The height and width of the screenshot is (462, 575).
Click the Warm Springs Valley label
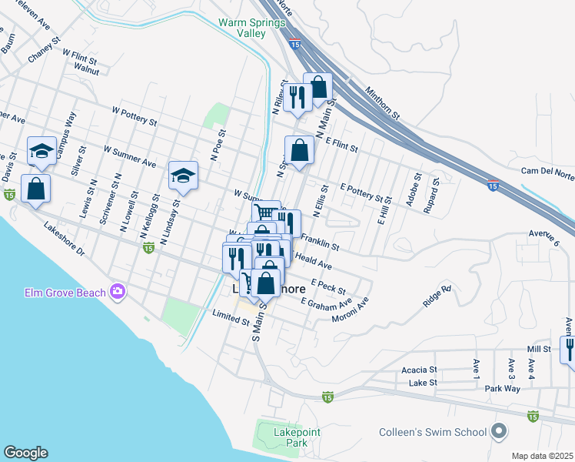click(251, 28)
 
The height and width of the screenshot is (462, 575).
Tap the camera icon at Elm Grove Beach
click(117, 291)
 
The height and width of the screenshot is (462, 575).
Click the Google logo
click(25, 453)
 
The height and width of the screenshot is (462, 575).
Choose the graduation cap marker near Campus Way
click(42, 151)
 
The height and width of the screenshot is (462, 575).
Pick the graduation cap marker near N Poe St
click(183, 176)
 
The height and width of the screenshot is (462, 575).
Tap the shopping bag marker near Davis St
click(35, 187)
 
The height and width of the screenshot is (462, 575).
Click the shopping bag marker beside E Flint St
click(300, 149)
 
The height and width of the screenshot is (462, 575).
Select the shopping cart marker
click(266, 213)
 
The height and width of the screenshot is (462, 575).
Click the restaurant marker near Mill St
click(569, 349)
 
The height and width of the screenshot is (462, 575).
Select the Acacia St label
click(420, 370)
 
